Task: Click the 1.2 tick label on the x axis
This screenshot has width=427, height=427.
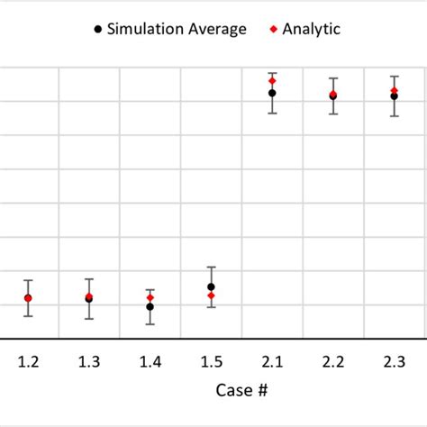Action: (x=28, y=361)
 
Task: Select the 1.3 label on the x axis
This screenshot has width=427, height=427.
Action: (x=88, y=361)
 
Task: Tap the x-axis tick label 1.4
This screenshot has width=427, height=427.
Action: (x=150, y=361)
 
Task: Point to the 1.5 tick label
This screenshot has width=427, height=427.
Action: (x=211, y=361)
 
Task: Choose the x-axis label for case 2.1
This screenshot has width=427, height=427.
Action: (x=271, y=361)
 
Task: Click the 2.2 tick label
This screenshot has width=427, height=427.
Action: (x=332, y=361)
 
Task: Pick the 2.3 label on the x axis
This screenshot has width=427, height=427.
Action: (x=394, y=361)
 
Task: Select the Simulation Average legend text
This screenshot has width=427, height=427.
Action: (x=177, y=29)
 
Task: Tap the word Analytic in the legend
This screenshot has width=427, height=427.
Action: (x=311, y=29)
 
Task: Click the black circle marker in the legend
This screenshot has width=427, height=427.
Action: (x=97, y=30)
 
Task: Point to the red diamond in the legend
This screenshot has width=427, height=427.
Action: (x=272, y=30)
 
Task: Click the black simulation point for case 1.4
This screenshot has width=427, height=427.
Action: (x=150, y=307)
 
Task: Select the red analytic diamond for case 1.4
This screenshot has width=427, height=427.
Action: (x=150, y=297)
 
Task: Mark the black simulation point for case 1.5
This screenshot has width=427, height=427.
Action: (x=211, y=287)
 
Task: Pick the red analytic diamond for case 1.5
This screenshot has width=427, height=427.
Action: (x=211, y=295)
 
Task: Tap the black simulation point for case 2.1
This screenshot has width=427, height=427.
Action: (x=271, y=93)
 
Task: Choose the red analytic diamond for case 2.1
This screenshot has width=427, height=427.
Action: (x=271, y=81)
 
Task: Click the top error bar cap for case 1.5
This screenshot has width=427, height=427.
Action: (x=211, y=268)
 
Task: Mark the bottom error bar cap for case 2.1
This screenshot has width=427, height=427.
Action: (x=271, y=113)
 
